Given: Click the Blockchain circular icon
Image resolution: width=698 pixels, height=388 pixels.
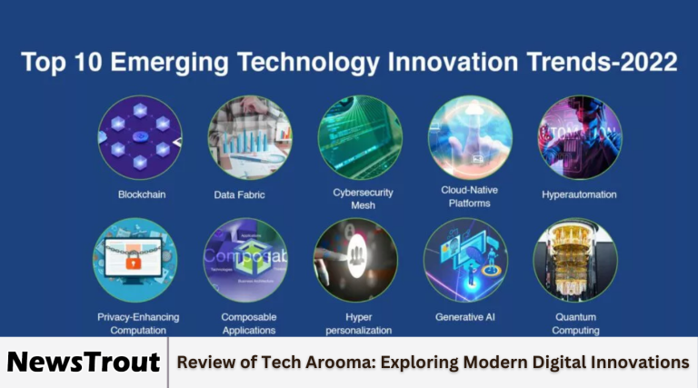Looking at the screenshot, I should click(x=140, y=136).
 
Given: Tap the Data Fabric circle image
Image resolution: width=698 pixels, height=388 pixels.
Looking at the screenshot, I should click(x=249, y=136).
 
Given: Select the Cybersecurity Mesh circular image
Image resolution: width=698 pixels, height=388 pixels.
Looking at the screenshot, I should click(x=360, y=136).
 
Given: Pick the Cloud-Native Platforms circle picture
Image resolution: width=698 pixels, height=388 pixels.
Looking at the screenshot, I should click(x=470, y=136).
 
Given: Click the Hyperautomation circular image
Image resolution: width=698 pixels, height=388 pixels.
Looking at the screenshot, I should click(x=579, y=136).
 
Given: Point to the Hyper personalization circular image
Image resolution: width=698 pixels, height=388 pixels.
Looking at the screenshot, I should click(x=355, y=261).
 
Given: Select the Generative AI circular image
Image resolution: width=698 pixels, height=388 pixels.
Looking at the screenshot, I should click(x=465, y=261).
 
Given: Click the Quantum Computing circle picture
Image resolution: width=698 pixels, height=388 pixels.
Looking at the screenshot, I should click(x=575, y=261).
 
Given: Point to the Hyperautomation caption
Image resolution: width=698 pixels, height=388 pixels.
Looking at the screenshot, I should click(x=579, y=194).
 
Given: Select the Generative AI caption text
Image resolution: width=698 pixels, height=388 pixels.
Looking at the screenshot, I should click(x=465, y=317).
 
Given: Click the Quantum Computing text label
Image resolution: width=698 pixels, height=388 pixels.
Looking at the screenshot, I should click(x=575, y=323).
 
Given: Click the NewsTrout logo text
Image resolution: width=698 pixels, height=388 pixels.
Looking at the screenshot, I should click(x=84, y=362).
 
